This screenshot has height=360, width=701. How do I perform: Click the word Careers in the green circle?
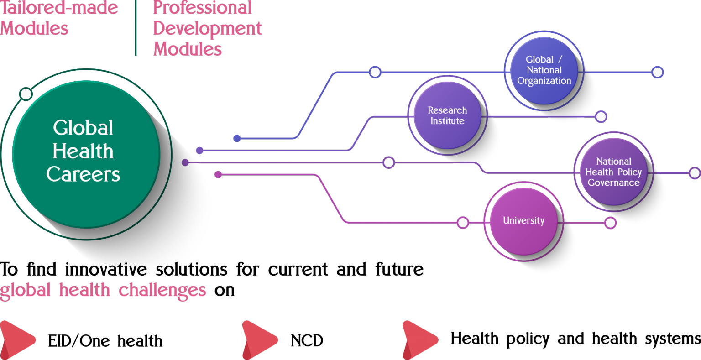83,174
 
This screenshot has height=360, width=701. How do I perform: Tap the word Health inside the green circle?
83,151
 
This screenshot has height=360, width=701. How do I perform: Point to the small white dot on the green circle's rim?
26,94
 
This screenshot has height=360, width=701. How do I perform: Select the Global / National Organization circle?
544,70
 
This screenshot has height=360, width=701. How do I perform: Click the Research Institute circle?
447,115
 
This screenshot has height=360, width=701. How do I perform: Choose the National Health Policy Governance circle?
613,172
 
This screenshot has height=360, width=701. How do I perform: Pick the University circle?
523,221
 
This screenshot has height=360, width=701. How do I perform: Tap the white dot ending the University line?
610,223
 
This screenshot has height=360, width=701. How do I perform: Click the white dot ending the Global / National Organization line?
657,72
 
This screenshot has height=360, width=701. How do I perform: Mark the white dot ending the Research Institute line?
601,117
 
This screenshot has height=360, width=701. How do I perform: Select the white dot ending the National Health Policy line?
695,173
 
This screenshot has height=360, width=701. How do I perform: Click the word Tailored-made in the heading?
59,8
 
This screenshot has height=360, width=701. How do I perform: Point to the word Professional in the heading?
203,8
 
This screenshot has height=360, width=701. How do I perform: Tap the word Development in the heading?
207,28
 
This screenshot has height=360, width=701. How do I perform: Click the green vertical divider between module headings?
136,28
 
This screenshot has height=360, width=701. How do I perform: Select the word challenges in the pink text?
162,290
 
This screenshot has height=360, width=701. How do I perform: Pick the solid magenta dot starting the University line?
218,174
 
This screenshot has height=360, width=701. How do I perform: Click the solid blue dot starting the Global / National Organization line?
237,138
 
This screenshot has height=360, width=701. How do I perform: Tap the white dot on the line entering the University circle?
463,223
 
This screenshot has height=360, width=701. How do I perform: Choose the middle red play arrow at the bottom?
258,339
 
